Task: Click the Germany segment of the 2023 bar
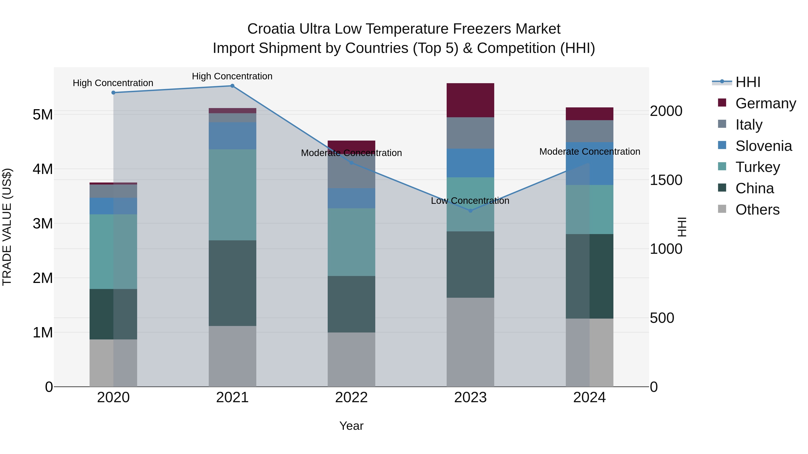(470, 100)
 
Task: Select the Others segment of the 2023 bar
(470, 342)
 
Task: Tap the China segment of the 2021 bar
(233, 283)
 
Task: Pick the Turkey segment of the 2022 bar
(351, 242)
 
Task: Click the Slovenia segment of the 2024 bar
(589, 164)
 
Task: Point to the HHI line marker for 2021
(233, 86)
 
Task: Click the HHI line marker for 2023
(470, 211)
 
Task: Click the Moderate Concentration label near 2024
(589, 152)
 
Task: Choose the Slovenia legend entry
(764, 146)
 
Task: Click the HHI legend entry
(748, 82)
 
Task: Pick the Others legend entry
(757, 210)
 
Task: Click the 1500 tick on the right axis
(666, 180)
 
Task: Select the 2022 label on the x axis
(351, 398)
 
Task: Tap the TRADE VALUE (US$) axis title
(7, 227)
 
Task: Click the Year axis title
(351, 426)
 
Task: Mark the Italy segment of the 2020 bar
(113, 191)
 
